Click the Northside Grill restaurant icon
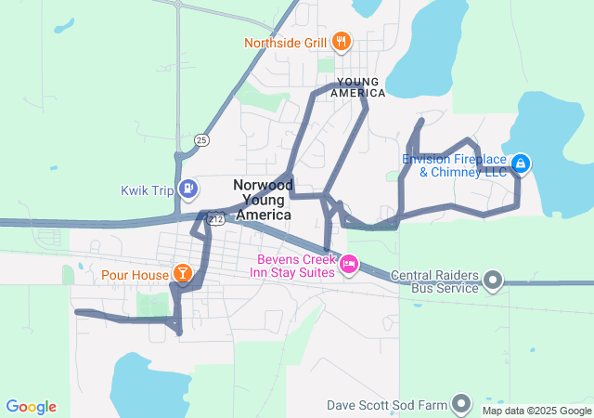click(342, 41)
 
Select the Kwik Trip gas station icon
click(189, 189)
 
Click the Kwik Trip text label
click(148, 190)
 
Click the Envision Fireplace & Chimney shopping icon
click(521, 164)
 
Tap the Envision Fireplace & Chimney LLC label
click(455, 164)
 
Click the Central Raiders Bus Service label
click(434, 281)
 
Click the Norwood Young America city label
click(264, 200)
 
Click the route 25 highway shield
click(201, 140)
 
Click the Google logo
click(32, 407)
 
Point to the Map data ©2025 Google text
click(536, 411)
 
